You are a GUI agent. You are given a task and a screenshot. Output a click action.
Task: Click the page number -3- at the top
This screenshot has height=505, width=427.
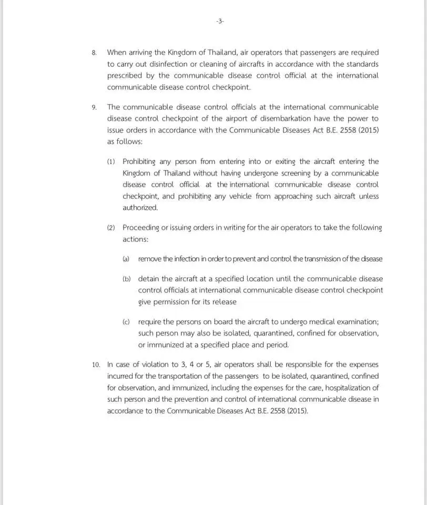pos(220,22)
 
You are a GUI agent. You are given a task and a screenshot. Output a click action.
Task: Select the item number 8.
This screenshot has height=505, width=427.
pos(94,53)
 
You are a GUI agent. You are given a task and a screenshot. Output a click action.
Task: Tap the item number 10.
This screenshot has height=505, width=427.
pos(96,365)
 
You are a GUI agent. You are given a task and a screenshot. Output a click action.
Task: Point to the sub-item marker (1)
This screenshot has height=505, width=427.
pos(111,162)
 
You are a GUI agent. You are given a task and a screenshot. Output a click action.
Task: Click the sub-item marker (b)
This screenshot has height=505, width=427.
pos(127,279)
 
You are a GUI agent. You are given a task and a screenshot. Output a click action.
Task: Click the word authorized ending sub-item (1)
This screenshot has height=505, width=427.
pos(140,208)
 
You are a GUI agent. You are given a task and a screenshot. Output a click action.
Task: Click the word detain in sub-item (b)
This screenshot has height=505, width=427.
pos(149,279)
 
